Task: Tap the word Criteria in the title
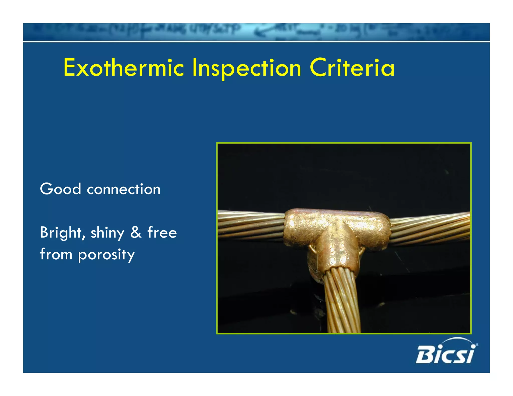pos(352,68)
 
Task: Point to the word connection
pos(123,189)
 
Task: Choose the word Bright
pos(61,233)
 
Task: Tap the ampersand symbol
pos(136,232)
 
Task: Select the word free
pos(162,232)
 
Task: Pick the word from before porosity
pos(56,254)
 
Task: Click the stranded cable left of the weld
pos(250,224)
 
